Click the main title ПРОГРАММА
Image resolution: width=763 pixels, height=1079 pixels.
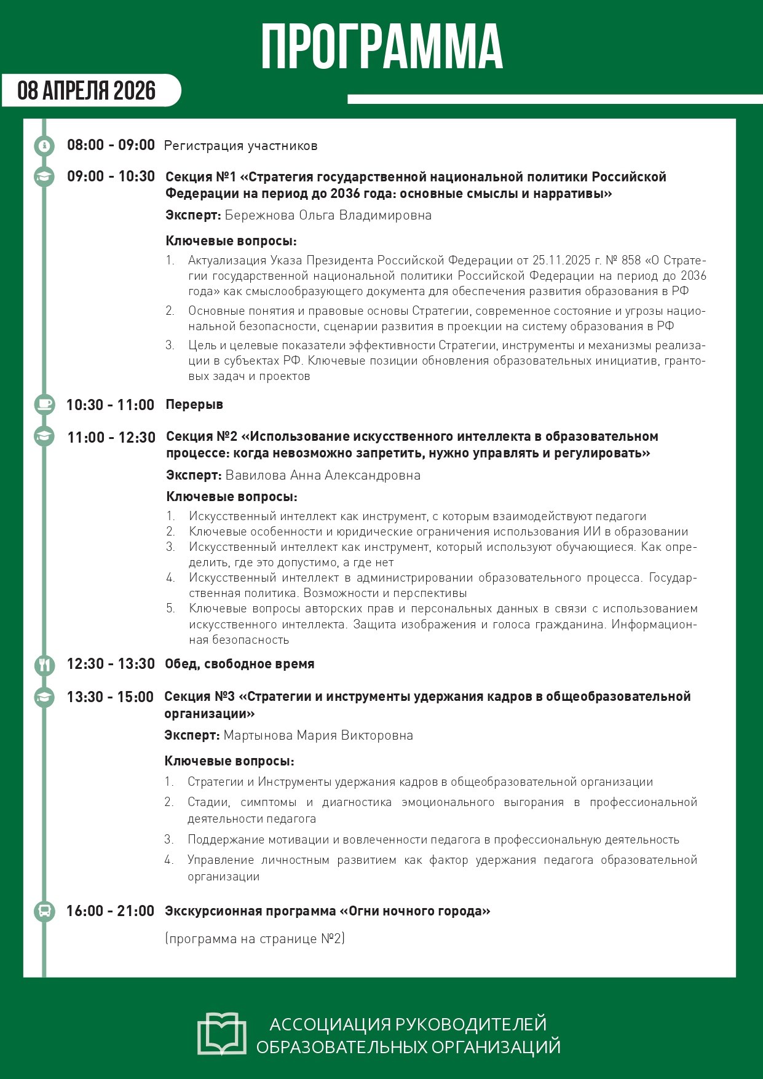coord(382,47)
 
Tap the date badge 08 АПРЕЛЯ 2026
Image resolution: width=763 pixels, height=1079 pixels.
coord(87,90)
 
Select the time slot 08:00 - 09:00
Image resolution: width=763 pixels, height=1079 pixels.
coord(111,145)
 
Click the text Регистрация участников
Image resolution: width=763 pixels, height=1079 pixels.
coord(240,146)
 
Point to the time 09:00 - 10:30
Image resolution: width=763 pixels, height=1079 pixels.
coord(111,176)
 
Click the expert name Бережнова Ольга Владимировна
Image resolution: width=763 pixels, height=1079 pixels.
coord(328,215)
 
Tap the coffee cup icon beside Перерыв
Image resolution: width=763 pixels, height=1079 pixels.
coord(44,405)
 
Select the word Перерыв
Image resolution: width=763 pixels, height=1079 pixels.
coord(194,405)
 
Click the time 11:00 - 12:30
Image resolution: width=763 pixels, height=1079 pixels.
coord(111,437)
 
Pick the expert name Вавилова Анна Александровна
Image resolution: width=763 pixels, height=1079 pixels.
coord(323,475)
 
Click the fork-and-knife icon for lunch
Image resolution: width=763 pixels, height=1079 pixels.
coord(44,664)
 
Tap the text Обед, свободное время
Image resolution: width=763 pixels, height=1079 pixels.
coord(240,664)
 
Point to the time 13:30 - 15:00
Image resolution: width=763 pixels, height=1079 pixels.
coord(110,697)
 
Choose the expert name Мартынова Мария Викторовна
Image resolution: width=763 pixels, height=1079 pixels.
coord(318,735)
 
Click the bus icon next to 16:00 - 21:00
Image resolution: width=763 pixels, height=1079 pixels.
coord(44,911)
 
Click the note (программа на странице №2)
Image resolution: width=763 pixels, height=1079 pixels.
coord(255,939)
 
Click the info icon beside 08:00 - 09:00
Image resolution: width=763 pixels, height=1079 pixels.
coord(44,146)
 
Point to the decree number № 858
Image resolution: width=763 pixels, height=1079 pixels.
coord(623,261)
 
